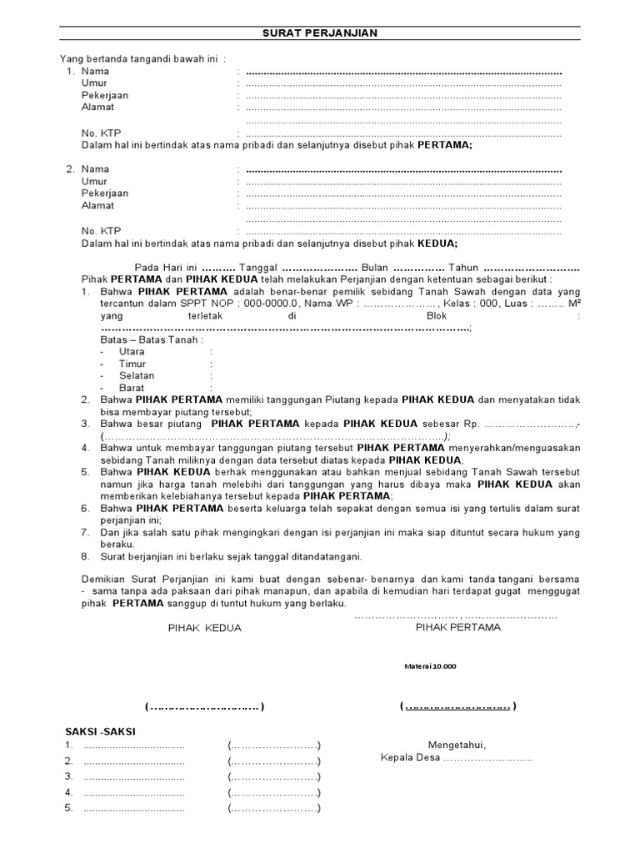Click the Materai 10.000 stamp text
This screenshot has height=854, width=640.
(429, 666)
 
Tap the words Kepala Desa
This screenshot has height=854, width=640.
(410, 759)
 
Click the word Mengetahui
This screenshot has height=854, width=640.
(457, 745)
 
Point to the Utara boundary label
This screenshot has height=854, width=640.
(132, 352)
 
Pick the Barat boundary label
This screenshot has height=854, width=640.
(132, 388)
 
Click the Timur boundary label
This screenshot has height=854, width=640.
(132, 364)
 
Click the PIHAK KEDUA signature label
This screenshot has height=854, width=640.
(204, 629)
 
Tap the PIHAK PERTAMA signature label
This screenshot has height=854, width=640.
(457, 628)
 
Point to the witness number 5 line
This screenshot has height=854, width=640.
(133, 808)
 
